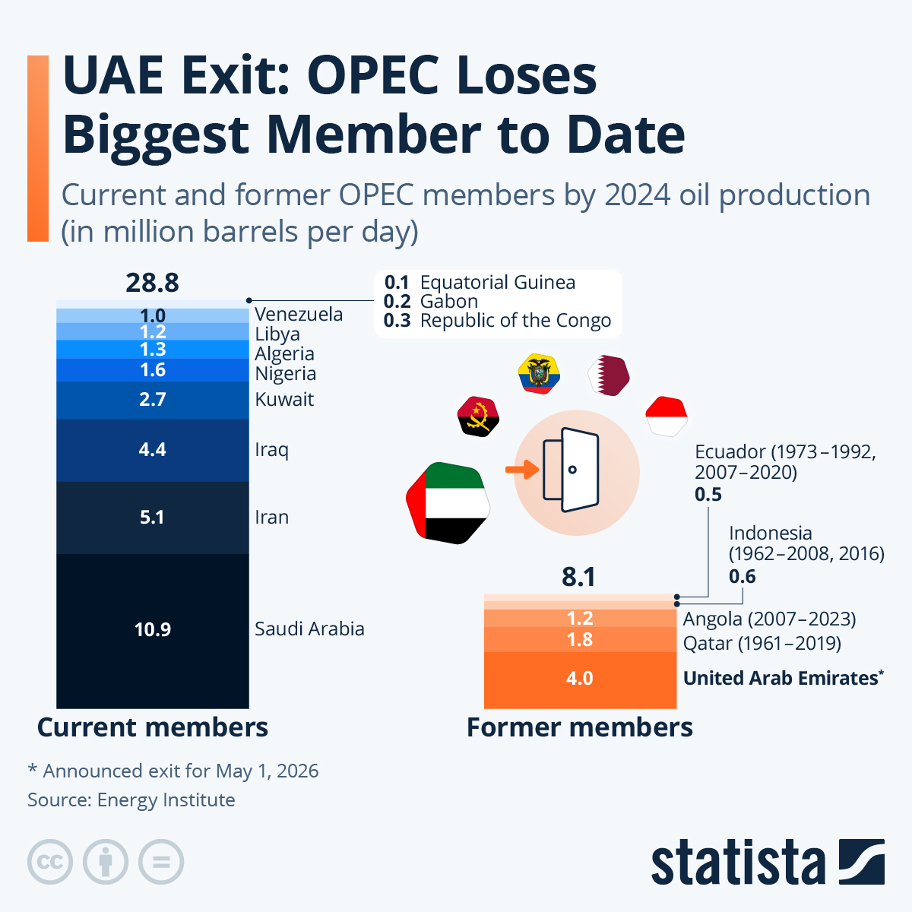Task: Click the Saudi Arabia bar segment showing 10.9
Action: [x=152, y=630]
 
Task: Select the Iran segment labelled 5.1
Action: [x=152, y=518]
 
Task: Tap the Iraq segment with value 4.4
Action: [x=152, y=450]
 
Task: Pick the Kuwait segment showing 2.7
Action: [x=152, y=400]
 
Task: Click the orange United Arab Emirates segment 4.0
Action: [x=579, y=679]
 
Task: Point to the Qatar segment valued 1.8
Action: [x=579, y=640]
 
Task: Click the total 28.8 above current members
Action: [x=152, y=283]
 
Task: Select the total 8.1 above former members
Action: [x=578, y=577]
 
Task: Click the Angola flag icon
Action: [x=477, y=416]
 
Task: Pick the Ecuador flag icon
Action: [x=539, y=373]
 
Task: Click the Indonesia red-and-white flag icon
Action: [x=667, y=416]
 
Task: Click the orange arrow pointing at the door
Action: [x=521, y=470]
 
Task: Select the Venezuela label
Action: [x=299, y=315]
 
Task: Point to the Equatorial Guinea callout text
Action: [x=497, y=283]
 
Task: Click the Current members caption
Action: [x=152, y=727]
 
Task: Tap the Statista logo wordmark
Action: [x=737, y=863]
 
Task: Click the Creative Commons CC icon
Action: [x=50, y=863]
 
